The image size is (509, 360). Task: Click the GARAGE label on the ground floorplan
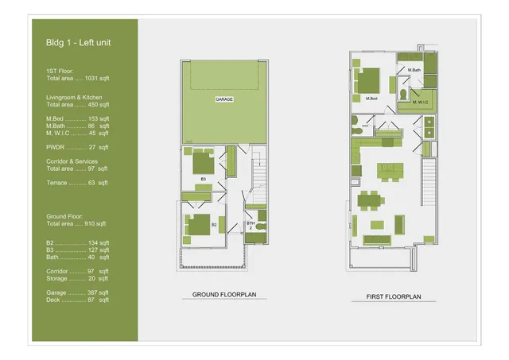[223, 100]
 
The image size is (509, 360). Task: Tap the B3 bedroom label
[203, 179]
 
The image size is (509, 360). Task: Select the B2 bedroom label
[214, 225]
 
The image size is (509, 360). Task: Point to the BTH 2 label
[250, 225]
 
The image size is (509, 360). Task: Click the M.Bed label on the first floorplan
[371, 99]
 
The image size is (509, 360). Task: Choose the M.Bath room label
[414, 71]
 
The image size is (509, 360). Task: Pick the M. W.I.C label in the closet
[420, 102]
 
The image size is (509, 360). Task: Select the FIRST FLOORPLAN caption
[393, 297]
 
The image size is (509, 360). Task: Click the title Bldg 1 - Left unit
[78, 42]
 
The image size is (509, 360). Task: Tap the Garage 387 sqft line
[78, 292]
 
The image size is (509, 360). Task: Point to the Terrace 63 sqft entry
[78, 183]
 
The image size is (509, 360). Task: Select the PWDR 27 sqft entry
[78, 147]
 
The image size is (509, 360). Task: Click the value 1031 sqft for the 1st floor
[97, 79]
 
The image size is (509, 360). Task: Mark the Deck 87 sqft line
[78, 300]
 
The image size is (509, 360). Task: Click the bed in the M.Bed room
[368, 80]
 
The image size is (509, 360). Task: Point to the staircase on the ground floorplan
[258, 179]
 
